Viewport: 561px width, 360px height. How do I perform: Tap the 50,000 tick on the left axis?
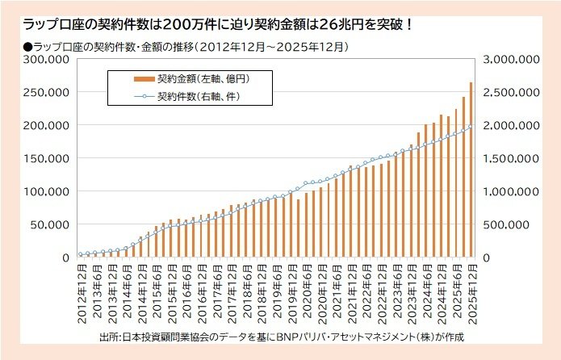(x=53, y=224)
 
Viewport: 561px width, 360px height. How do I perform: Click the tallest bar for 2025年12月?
(x=471, y=170)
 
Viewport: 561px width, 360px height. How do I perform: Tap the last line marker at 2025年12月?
(x=471, y=126)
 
